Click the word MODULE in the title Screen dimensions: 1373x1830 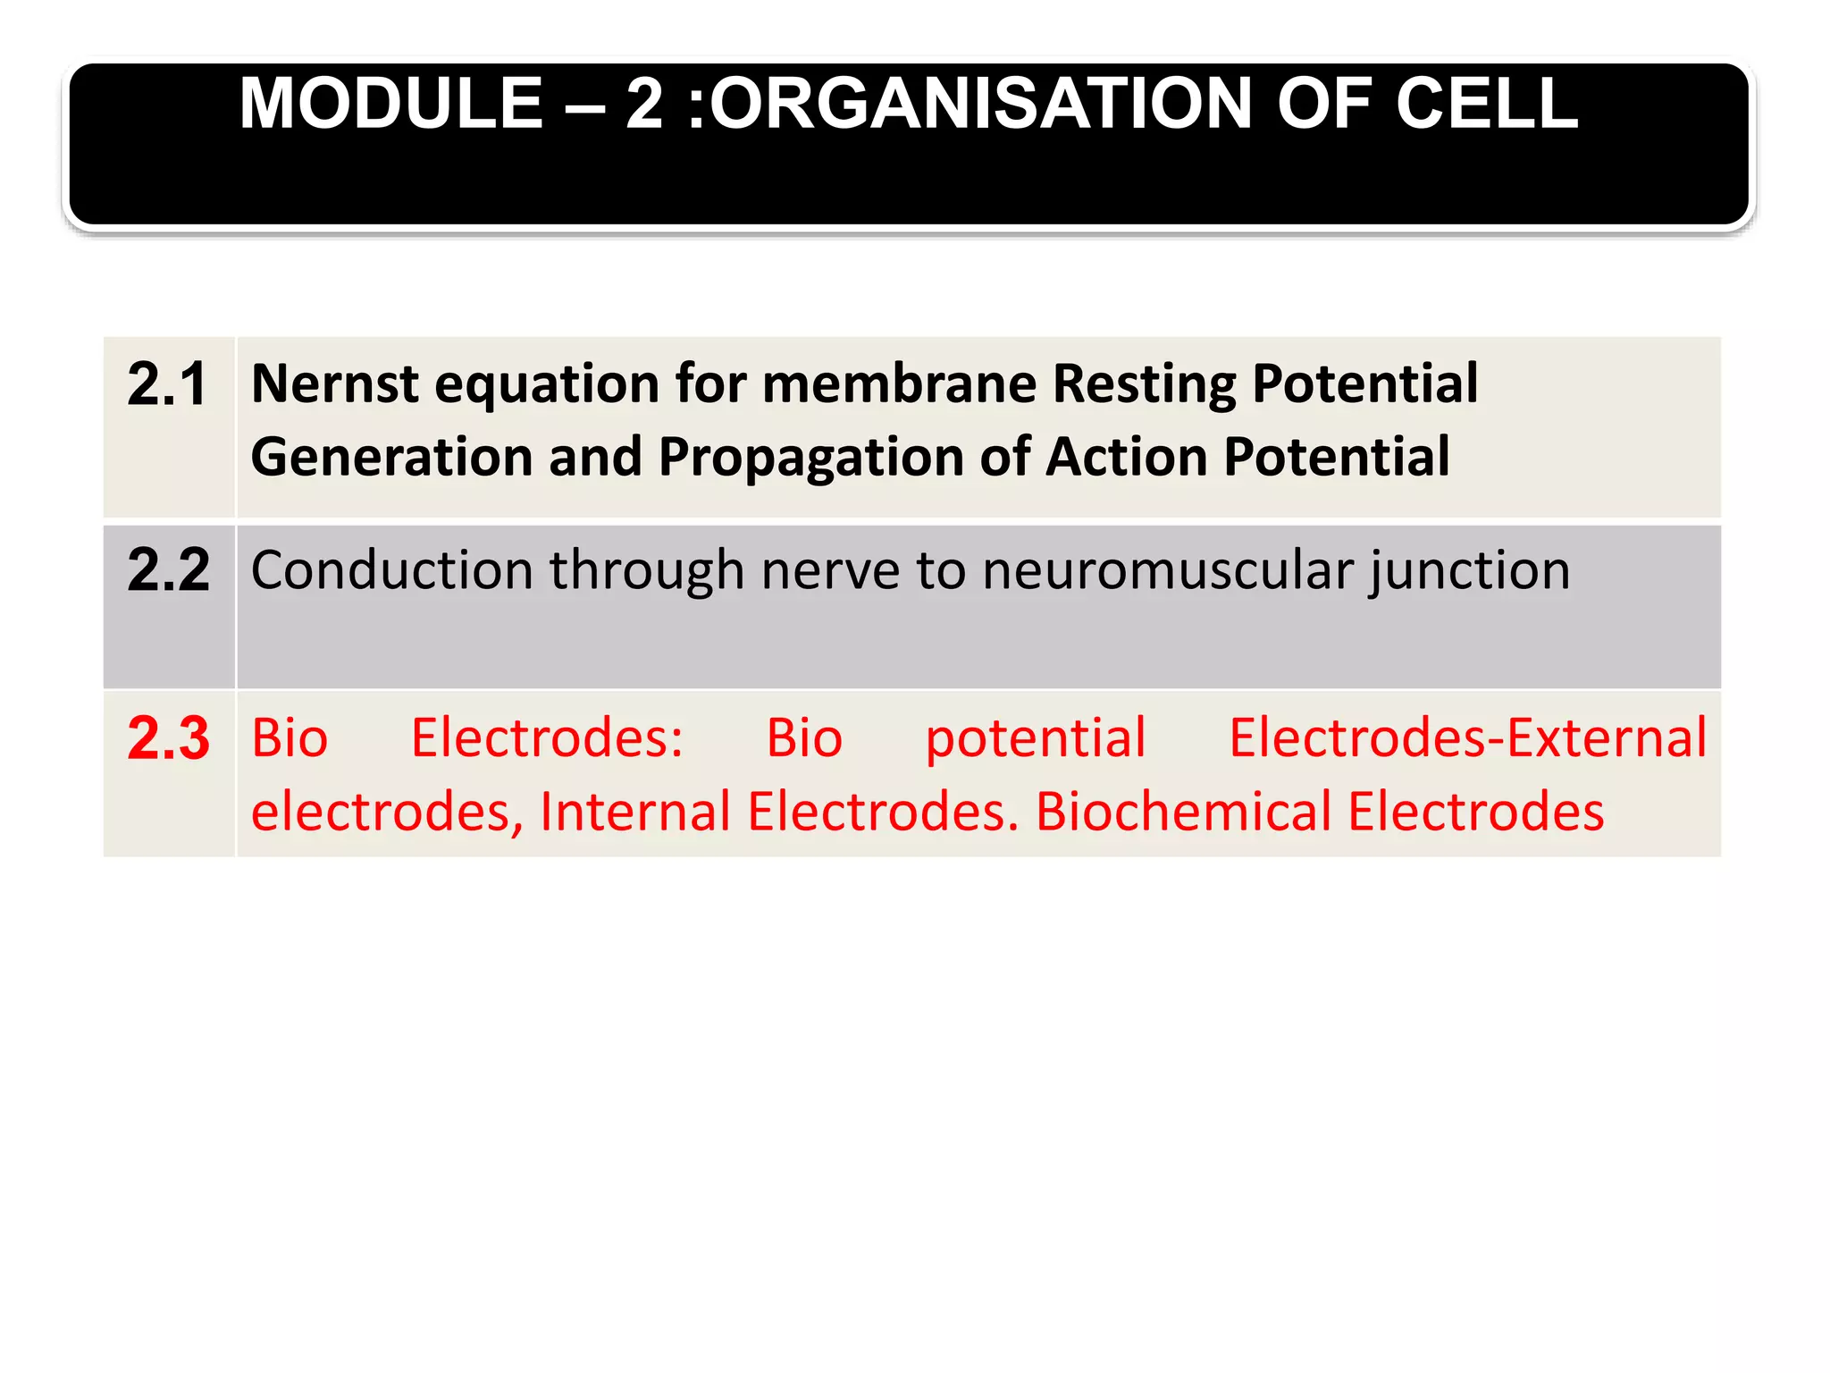click(390, 104)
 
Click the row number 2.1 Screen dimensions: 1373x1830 click(167, 384)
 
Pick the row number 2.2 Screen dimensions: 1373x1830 click(168, 569)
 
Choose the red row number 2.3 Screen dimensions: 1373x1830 click(168, 738)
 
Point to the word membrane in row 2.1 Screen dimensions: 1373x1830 click(899, 384)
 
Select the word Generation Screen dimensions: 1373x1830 click(391, 458)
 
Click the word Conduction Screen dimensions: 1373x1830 click(391, 570)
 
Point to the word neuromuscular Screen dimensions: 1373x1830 click(1168, 570)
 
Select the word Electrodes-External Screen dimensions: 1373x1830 click(1467, 738)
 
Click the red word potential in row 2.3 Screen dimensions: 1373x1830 click(1035, 740)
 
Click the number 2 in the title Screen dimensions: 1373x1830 click(645, 104)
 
